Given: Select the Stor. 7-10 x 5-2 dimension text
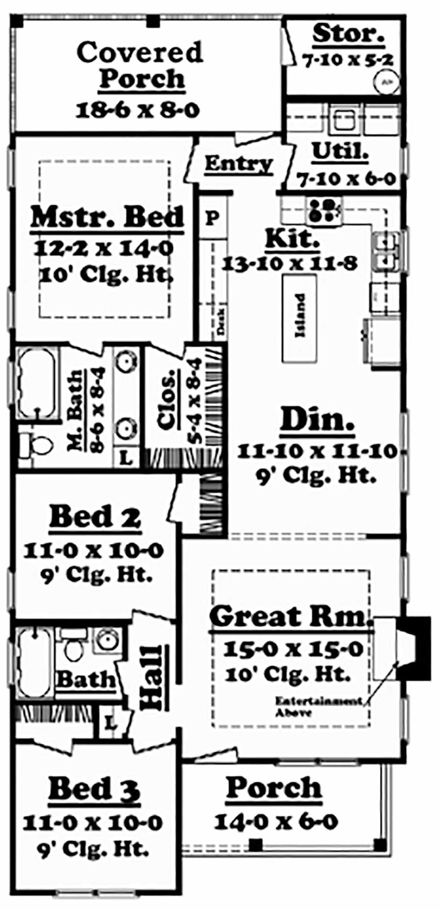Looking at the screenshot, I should (x=347, y=60).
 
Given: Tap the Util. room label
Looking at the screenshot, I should (x=340, y=151).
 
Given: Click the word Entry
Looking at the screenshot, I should (x=238, y=163).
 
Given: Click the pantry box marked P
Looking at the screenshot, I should (x=213, y=217).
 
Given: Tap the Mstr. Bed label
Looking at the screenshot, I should (x=107, y=217).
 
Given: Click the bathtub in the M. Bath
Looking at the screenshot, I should (x=36, y=382).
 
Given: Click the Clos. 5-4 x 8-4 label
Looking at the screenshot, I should (x=168, y=399).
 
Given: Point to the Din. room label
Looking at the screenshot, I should (x=317, y=421).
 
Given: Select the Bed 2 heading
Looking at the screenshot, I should (x=95, y=517).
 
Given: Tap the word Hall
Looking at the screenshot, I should (x=151, y=678).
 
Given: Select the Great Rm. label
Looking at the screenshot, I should (x=289, y=616).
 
